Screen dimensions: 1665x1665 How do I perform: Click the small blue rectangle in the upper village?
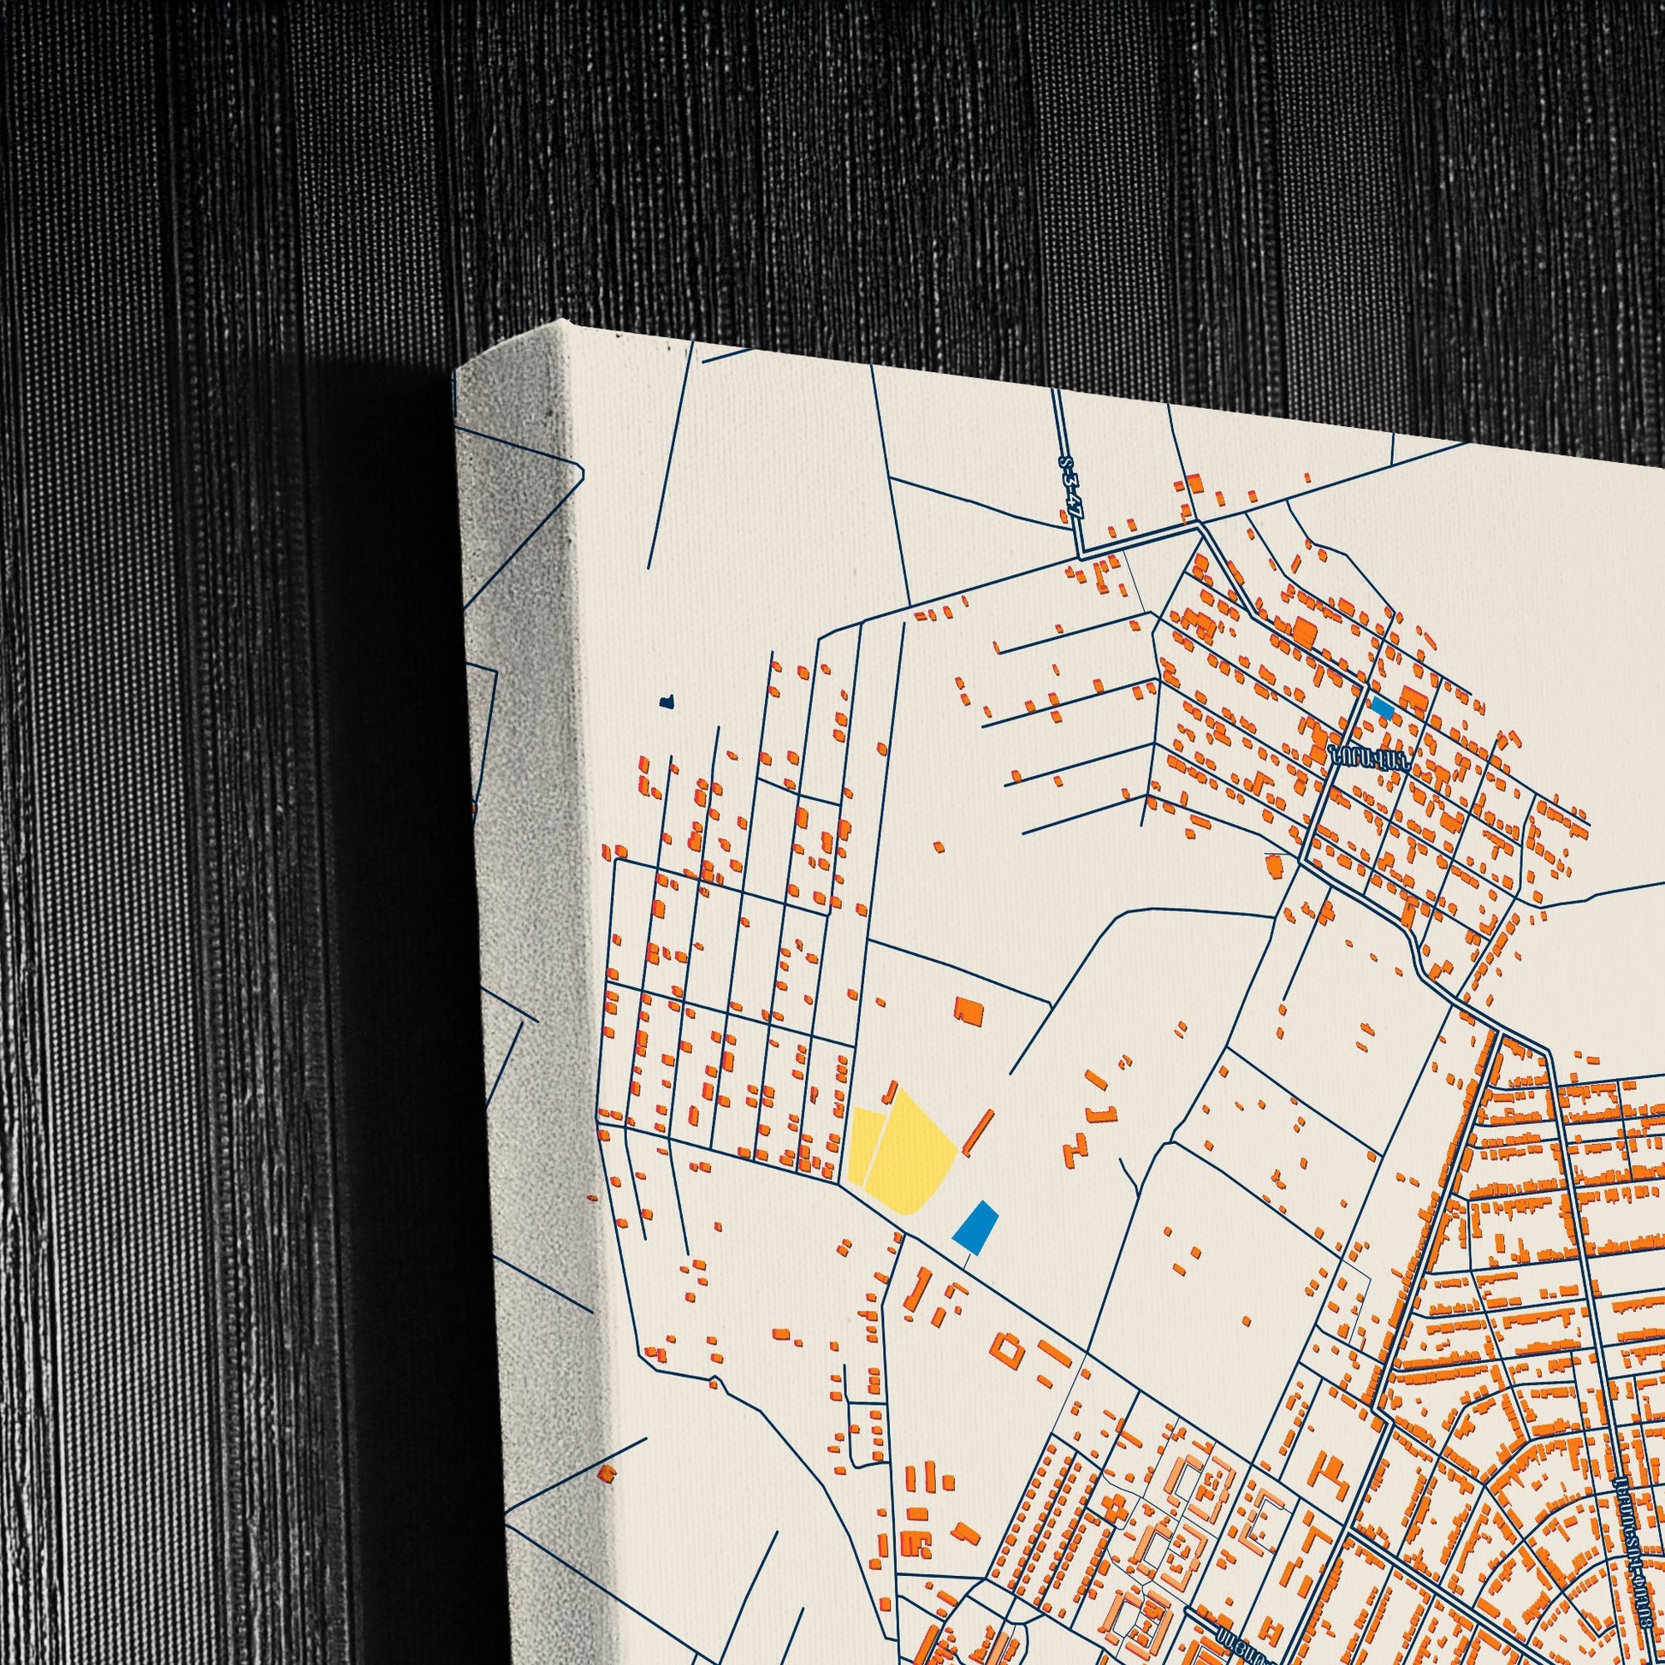pyautogui.click(x=1383, y=708)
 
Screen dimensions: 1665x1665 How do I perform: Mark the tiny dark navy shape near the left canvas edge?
pyautogui.click(x=666, y=702)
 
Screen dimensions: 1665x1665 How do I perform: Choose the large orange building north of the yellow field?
pyautogui.click(x=969, y=1011)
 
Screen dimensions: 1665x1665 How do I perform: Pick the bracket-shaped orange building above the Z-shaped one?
pyautogui.click(x=1096, y=1111)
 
